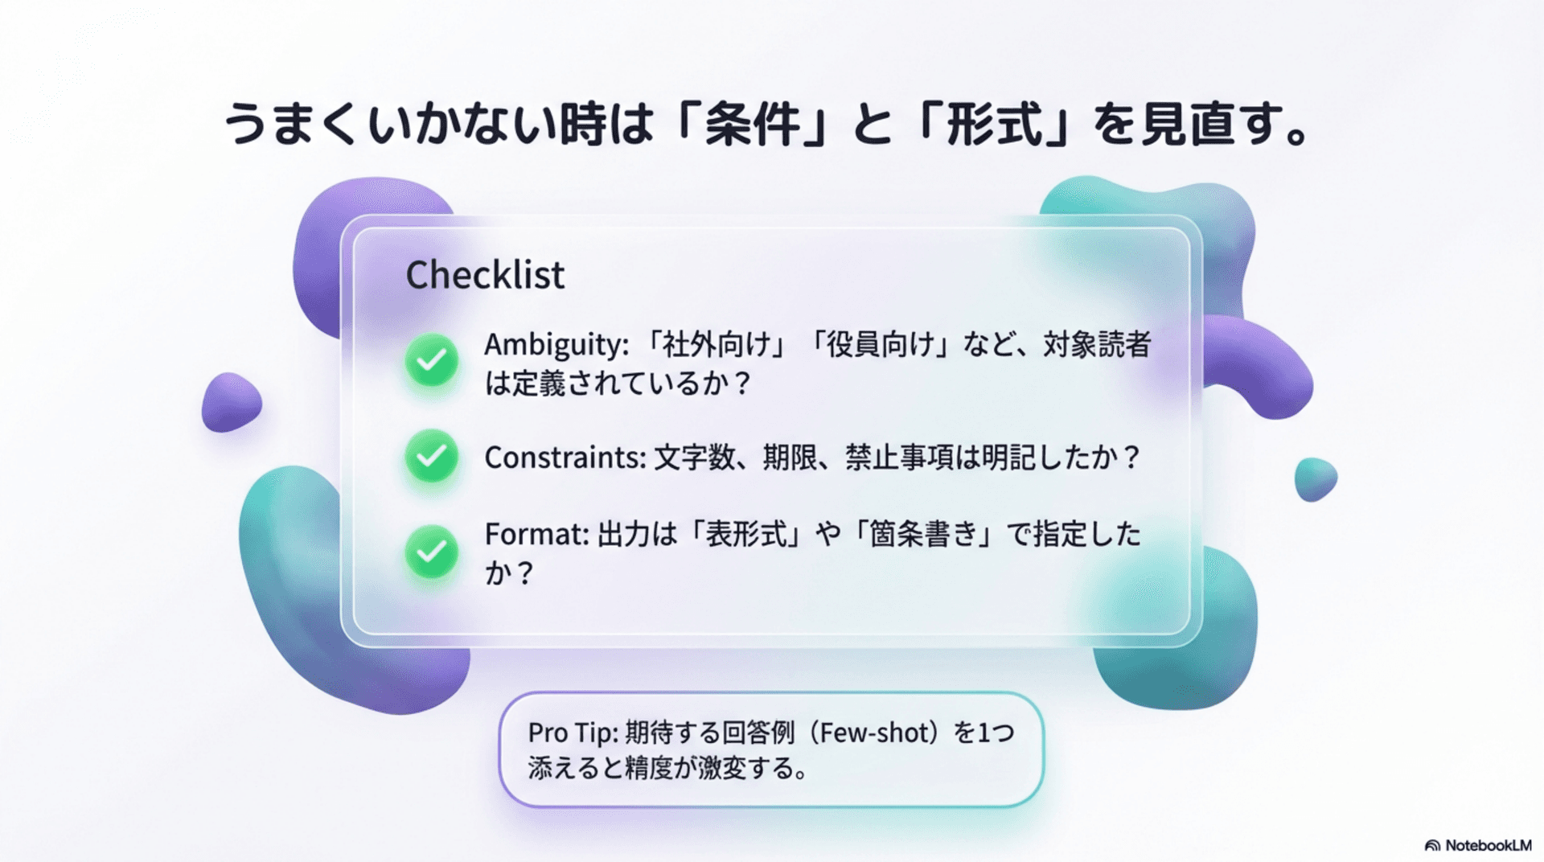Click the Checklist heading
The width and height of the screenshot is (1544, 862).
point(485,275)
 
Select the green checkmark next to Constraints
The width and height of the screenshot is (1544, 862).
point(432,456)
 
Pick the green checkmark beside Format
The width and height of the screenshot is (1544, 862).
point(432,552)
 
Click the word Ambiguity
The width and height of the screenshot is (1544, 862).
point(554,345)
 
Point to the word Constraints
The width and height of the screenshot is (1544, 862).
point(564,458)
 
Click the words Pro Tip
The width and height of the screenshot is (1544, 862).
point(572,733)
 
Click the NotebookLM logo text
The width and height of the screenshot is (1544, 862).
point(1487,845)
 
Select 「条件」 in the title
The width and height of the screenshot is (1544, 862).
point(753,125)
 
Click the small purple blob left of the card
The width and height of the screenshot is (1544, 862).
point(231,401)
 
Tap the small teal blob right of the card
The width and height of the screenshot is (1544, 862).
point(1315,478)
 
